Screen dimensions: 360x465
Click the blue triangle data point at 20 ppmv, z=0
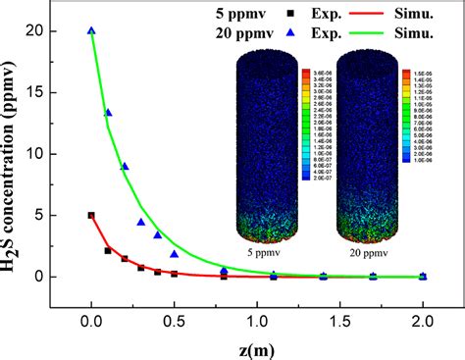[x=91, y=30]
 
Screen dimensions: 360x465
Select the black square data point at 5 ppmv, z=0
[x=91, y=215]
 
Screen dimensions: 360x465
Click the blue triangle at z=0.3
[x=141, y=222]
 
